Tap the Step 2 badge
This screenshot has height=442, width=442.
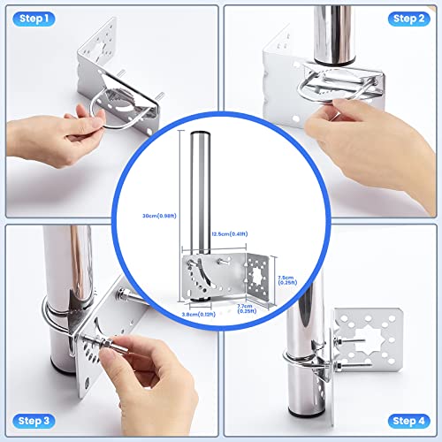[408, 19]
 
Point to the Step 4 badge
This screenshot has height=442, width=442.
[408, 420]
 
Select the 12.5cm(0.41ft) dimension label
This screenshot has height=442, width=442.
[229, 234]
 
